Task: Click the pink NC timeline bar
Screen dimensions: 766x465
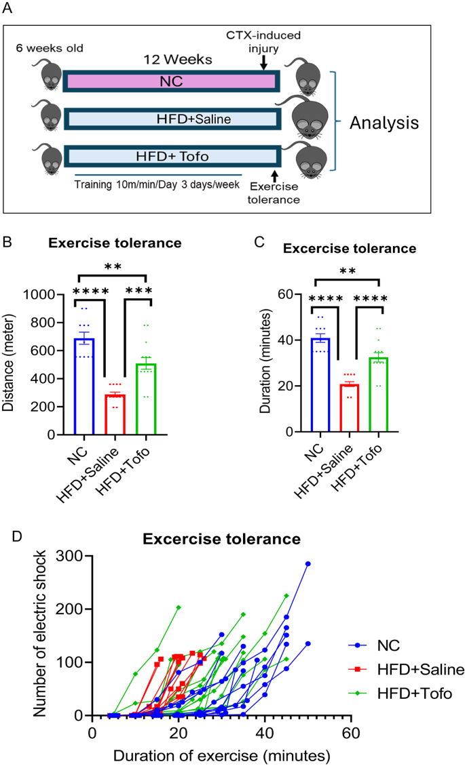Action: click(x=170, y=81)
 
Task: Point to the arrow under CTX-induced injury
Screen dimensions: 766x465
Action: click(x=263, y=62)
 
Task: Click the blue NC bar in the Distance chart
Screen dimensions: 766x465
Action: click(x=84, y=386)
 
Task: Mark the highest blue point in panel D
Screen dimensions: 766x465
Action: click(x=308, y=563)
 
